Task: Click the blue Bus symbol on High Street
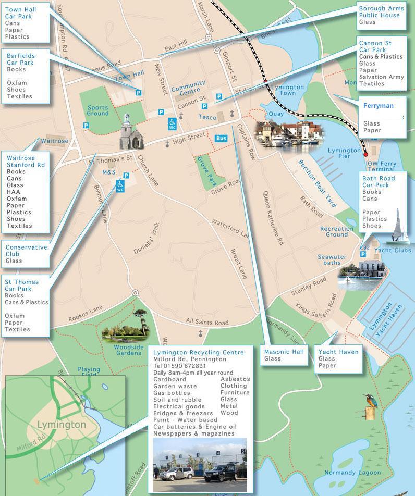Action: point(221,138)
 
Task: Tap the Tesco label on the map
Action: point(207,117)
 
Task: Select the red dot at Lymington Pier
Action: point(365,154)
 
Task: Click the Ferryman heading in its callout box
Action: point(378,105)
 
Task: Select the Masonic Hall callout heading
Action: point(284,352)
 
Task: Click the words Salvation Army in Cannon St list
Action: point(382,77)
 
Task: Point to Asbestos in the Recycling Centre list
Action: point(235,379)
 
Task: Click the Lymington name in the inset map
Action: point(62,425)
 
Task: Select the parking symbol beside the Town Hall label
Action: point(138,92)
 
